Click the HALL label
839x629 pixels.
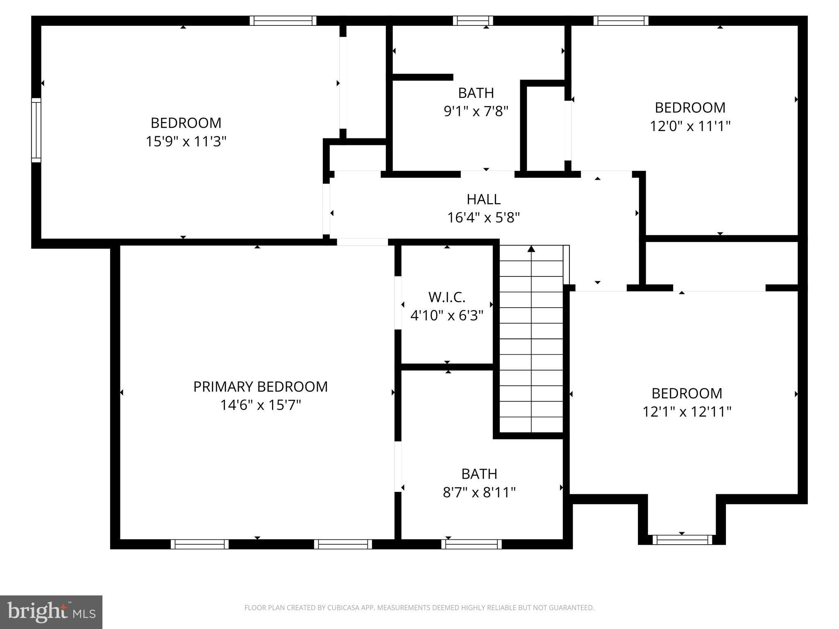tap(483, 199)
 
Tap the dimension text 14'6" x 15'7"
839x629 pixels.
tap(261, 405)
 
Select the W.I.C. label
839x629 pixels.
tap(447, 297)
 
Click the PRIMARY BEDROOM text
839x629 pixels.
tap(261, 387)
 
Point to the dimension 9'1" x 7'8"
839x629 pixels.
tap(476, 111)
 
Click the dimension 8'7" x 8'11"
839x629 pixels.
tap(479, 492)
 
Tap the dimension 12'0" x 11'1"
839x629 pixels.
tap(690, 126)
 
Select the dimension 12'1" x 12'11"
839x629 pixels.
tap(687, 411)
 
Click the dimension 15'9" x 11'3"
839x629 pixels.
tap(186, 141)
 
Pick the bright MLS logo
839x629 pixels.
tap(51, 612)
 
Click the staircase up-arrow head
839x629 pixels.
tap(531, 249)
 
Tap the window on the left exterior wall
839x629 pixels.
tap(36, 130)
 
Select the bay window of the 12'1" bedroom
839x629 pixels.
tap(682, 540)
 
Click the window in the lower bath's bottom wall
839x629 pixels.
tap(472, 544)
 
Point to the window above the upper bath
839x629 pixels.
tap(473, 20)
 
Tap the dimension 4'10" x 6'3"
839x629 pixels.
tap(447, 315)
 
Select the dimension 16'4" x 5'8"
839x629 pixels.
tap(483, 217)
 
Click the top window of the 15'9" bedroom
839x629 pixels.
tap(283, 20)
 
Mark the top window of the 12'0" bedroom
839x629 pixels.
tap(621, 20)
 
